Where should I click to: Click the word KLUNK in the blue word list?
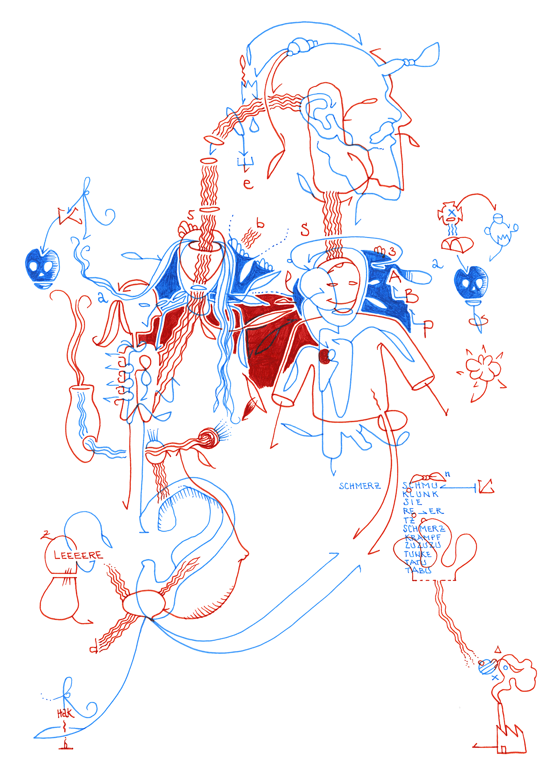pyautogui.click(x=421, y=494)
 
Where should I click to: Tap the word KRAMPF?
pyautogui.click(x=423, y=538)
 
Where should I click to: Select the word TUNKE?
pyautogui.click(x=418, y=554)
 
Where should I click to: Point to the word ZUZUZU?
pyautogui.click(x=423, y=545)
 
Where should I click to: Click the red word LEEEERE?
pyautogui.click(x=78, y=555)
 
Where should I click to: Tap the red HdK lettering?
pyautogui.click(x=65, y=714)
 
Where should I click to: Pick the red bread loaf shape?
pyautogui.click(x=457, y=244)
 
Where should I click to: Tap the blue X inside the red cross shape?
pyautogui.click(x=452, y=213)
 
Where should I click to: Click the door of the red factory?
pyautogui.click(x=504, y=749)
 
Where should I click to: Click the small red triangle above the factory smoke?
pyautogui.click(x=498, y=650)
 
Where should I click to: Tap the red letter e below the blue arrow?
pyautogui.click(x=248, y=183)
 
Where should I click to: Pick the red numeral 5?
pyautogui.click(x=191, y=215)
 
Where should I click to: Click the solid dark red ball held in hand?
pyautogui.click(x=325, y=356)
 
